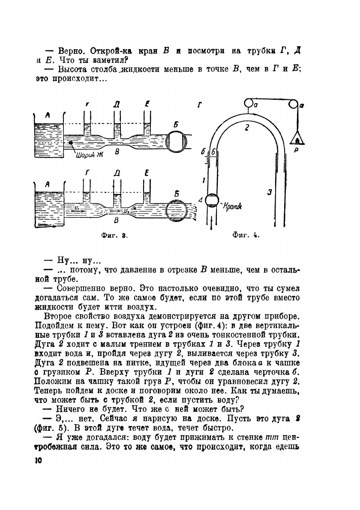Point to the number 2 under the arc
[x=246, y=127]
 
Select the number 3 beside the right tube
[x=270, y=192]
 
